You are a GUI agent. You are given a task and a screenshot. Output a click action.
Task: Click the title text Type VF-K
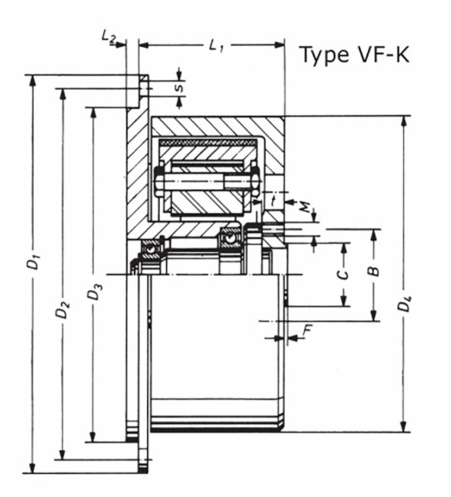click(354, 55)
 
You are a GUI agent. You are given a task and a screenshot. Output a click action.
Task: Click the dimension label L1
click(216, 46)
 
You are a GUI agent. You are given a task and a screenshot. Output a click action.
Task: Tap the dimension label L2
click(108, 37)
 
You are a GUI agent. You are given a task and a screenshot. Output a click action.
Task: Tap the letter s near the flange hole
click(181, 85)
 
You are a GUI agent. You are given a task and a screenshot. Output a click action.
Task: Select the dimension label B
click(373, 271)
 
